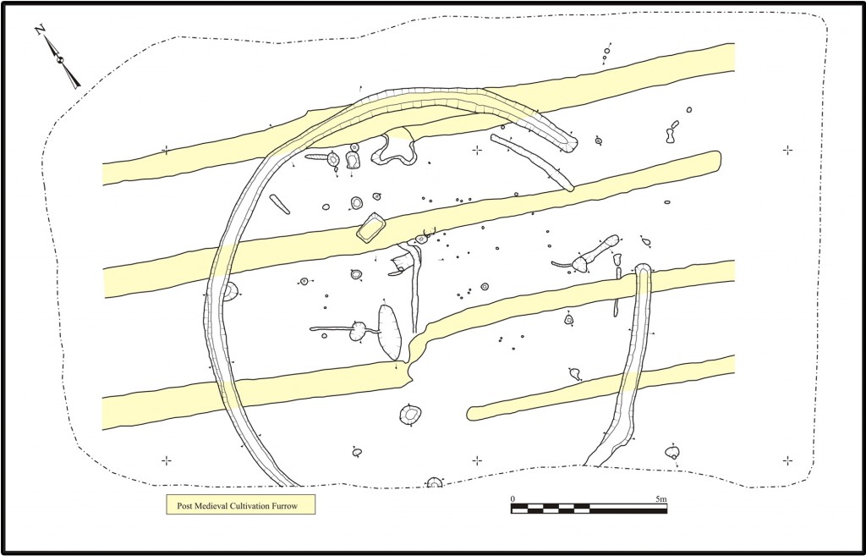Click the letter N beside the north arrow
point(40,30)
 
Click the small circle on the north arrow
point(60,59)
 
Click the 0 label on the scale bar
point(513,499)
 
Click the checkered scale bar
point(589,509)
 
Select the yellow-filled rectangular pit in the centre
point(371,228)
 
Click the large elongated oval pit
point(389,332)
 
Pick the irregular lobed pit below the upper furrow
point(395,149)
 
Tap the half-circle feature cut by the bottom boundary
point(435,484)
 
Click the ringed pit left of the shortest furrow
point(411,415)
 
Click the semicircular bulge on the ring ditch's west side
point(228,292)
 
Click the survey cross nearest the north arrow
point(166,151)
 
